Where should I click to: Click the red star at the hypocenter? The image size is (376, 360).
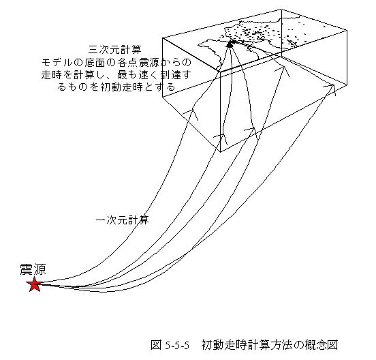(35, 284)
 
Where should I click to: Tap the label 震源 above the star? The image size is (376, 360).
(33, 269)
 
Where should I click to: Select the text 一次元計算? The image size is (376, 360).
(123, 220)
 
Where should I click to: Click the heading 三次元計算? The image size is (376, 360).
(115, 50)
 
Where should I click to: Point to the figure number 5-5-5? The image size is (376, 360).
(177, 346)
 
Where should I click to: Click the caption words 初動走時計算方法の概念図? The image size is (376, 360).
(270, 345)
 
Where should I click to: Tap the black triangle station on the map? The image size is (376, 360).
(230, 44)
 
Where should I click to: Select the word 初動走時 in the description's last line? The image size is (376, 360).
(121, 87)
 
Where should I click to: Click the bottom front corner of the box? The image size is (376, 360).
(221, 152)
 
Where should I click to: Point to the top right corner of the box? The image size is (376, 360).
(347, 31)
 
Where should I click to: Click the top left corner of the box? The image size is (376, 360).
(163, 38)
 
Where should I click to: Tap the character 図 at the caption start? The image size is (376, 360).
(156, 345)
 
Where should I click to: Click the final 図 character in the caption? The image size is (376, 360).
(332, 345)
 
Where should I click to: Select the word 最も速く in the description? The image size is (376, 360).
(137, 75)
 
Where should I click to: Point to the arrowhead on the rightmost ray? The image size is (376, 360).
(332, 85)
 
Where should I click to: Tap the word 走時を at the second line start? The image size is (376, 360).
(57, 75)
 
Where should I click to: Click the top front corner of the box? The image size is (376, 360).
(221, 72)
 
